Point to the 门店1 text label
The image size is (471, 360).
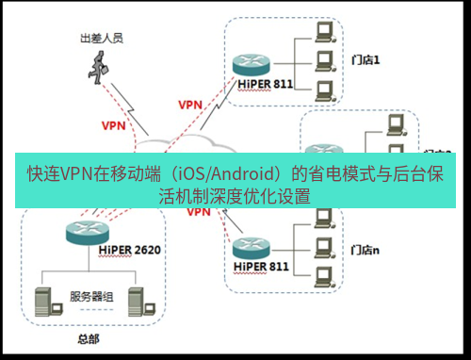[x=366, y=60]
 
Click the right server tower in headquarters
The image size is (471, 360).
[x=137, y=300]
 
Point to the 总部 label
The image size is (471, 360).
[x=88, y=337]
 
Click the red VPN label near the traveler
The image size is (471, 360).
[x=114, y=123]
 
